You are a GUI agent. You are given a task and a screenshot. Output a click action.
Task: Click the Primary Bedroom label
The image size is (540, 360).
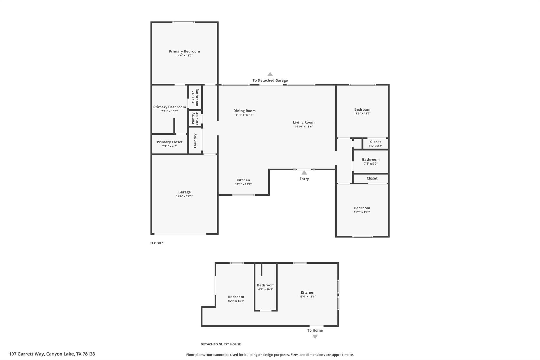pyautogui.click(x=184, y=51)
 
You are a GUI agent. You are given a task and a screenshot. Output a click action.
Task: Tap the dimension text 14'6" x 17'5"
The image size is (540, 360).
pyautogui.click(x=184, y=196)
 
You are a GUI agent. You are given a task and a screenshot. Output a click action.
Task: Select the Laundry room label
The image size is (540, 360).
pyautogui.click(x=195, y=141)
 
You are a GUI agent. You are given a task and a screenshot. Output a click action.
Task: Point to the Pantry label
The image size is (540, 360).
pyautogui.click(x=193, y=118)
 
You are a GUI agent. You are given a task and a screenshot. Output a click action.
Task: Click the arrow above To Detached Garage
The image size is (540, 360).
pyautogui.click(x=270, y=74)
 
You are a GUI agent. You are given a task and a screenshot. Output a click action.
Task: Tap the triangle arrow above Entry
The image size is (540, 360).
pyautogui.click(x=304, y=173)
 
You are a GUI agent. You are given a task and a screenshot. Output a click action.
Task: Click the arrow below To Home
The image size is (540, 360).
pyautogui.click(x=315, y=337)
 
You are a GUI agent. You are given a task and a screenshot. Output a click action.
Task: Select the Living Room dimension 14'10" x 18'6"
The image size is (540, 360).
pyautogui.click(x=304, y=127)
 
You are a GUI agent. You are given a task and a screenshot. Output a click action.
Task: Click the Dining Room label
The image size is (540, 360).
pyautogui.click(x=244, y=111)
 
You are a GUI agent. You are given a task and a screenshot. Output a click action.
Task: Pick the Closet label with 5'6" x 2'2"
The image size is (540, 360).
pyautogui.click(x=375, y=142)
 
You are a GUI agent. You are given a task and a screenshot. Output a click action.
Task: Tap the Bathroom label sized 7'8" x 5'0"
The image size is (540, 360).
pyautogui.click(x=371, y=160)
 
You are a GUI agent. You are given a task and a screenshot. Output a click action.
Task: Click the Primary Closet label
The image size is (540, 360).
pyautogui.click(x=170, y=142)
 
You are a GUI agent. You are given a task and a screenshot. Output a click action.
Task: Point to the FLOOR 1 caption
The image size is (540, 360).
pyautogui.click(x=157, y=243)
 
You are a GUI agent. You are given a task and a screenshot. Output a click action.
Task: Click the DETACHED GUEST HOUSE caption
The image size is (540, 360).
pyautogui.click(x=221, y=344)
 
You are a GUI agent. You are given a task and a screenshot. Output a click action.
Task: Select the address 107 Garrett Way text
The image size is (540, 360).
pyautogui.click(x=52, y=354)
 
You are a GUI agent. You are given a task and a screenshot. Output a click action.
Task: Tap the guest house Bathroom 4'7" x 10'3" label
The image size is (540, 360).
pyautogui.click(x=266, y=285)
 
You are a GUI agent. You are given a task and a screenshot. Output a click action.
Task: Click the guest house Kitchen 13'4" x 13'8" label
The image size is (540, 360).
pyautogui.click(x=307, y=292)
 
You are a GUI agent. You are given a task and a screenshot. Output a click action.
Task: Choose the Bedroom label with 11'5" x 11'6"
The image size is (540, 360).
pyautogui.click(x=362, y=208)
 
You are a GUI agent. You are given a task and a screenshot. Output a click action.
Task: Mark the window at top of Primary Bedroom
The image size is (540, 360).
pyautogui.click(x=184, y=22)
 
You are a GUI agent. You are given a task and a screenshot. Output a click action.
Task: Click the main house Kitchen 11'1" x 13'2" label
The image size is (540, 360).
pyautogui.click(x=243, y=180)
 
